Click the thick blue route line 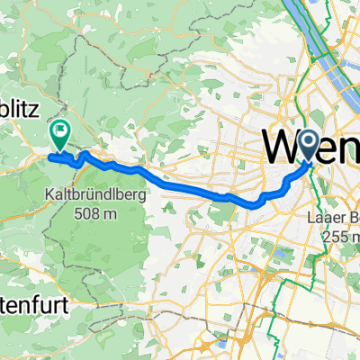(180, 184)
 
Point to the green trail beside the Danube (319, 54)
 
